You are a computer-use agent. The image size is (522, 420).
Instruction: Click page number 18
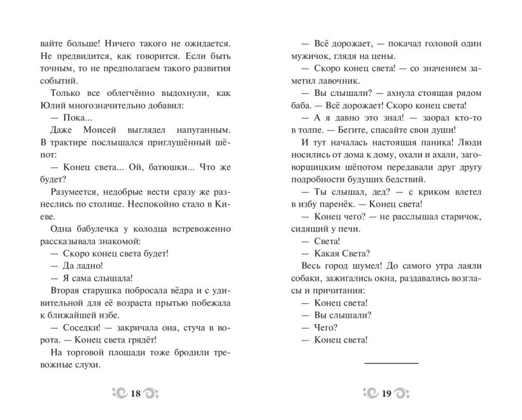pyautogui.click(x=135, y=393)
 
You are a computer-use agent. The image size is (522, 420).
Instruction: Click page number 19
pyautogui.click(x=386, y=393)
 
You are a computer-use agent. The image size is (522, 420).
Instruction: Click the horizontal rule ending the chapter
pyautogui.click(x=391, y=362)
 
